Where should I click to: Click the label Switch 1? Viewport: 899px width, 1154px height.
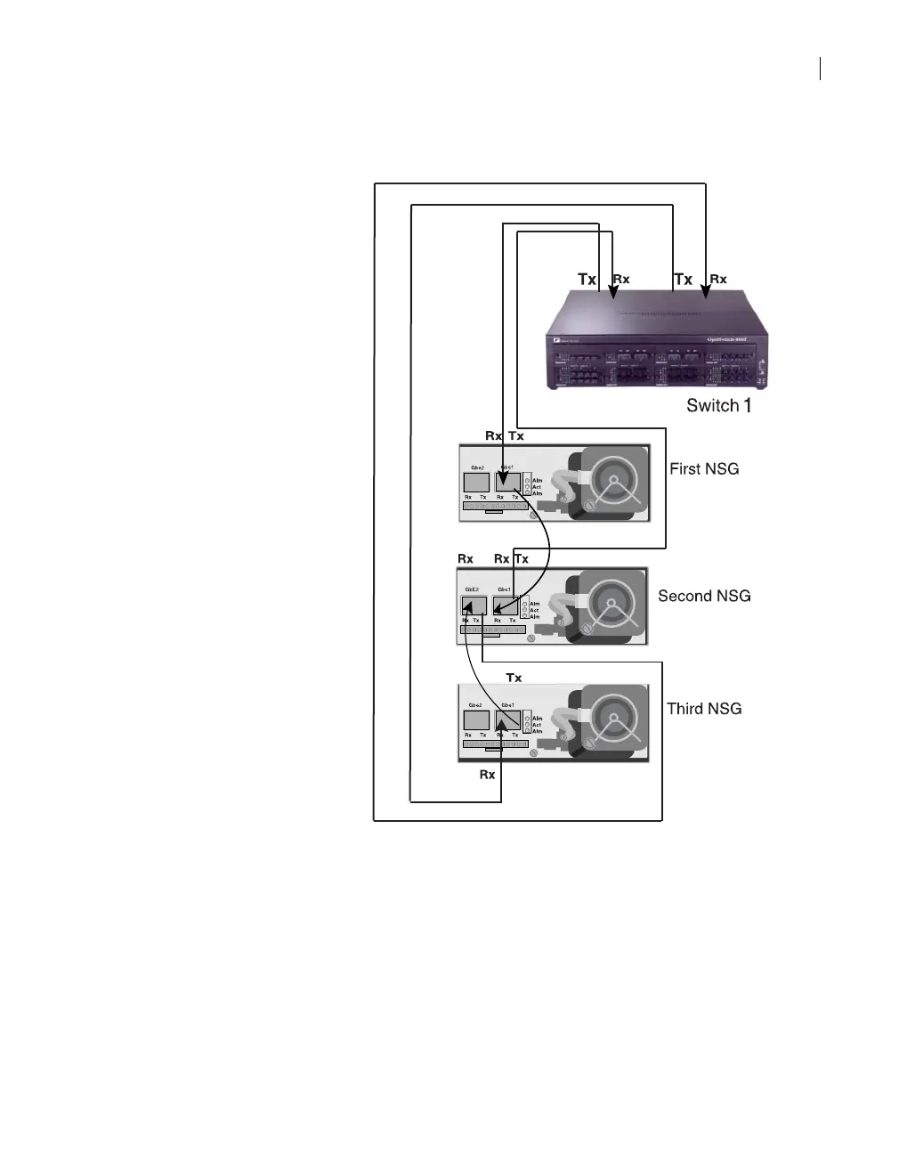[718, 406]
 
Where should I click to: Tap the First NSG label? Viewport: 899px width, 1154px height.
[703, 468]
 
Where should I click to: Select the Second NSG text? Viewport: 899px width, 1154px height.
[703, 596]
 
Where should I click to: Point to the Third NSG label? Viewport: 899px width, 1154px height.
[703, 709]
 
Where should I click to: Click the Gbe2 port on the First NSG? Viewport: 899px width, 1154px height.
[476, 483]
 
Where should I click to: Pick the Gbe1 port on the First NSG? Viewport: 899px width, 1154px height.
[507, 483]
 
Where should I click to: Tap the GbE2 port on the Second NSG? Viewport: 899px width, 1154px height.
[473, 605]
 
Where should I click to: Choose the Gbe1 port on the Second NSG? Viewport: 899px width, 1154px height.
[505, 605]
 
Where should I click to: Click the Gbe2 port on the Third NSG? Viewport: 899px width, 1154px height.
[476, 719]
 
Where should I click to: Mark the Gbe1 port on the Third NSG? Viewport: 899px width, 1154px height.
[507, 719]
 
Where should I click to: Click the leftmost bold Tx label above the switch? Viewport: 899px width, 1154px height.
[587, 280]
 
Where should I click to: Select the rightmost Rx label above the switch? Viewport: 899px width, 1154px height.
[717, 280]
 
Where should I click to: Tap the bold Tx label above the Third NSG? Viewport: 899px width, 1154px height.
[514, 678]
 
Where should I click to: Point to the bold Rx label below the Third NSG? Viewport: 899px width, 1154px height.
[487, 775]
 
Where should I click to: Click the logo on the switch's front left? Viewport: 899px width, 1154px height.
[555, 339]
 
